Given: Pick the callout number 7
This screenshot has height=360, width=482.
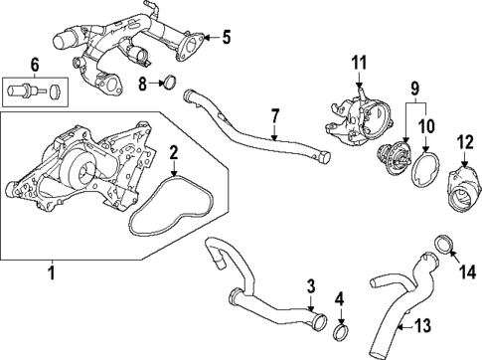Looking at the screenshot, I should [278, 126].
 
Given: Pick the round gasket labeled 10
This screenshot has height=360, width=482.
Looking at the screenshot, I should [425, 163].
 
